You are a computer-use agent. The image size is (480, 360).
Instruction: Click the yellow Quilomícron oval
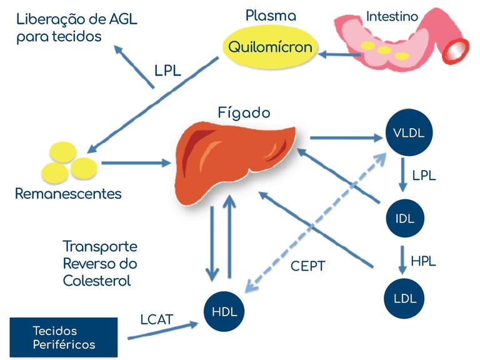[270, 47]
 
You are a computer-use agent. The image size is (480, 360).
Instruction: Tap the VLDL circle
[409, 133]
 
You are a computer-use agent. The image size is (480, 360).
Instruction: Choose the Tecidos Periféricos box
[64, 337]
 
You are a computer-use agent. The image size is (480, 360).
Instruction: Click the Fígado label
[244, 113]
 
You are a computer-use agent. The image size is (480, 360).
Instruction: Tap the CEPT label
[308, 266]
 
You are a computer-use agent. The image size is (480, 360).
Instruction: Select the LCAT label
[156, 320]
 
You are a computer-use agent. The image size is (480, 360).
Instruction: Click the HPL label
[423, 261]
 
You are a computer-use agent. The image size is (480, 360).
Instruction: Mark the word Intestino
[392, 16]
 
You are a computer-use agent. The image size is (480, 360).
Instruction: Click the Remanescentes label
[68, 194]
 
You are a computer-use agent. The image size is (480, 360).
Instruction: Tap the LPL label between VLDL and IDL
[423, 175]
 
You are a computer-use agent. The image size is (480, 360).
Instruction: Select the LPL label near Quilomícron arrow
[167, 71]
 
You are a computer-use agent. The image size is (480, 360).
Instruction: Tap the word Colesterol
[97, 281]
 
